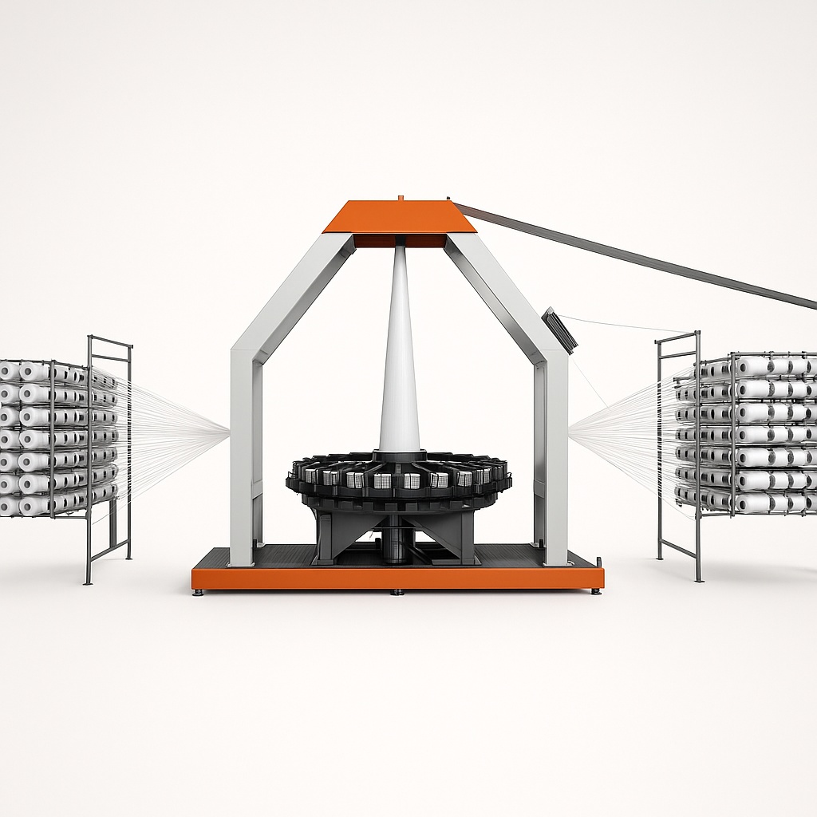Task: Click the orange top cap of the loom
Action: (x=399, y=216)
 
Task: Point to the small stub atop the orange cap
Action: (x=400, y=197)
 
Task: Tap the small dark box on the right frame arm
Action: (x=559, y=329)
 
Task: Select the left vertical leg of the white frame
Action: (x=242, y=455)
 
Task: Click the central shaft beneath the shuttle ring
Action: (x=397, y=543)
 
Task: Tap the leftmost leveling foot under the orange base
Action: (x=199, y=592)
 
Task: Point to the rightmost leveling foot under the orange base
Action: (x=595, y=591)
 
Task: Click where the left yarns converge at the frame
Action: (x=229, y=433)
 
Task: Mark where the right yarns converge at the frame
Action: (x=569, y=433)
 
